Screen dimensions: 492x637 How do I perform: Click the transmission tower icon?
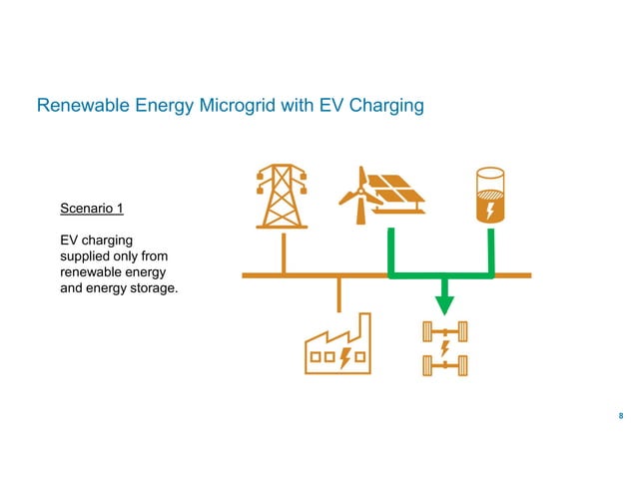click(283, 196)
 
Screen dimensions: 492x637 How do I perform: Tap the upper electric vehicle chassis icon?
click(444, 330)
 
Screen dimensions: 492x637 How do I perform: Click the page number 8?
click(622, 416)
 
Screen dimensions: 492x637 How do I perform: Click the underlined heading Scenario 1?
click(92, 210)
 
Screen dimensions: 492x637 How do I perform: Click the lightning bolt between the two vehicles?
click(444, 349)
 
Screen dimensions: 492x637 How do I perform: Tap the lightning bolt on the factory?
click(345, 356)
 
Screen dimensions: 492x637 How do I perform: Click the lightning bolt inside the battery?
click(491, 211)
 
